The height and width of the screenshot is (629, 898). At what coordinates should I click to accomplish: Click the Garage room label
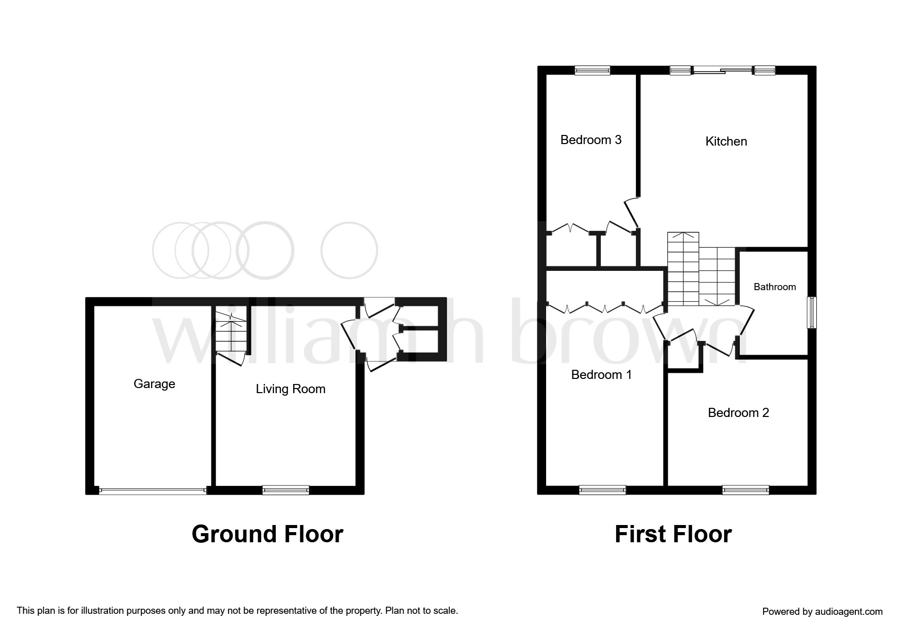point(154,384)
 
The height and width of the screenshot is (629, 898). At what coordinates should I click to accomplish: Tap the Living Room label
point(291,389)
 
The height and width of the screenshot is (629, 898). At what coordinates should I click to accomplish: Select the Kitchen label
point(726,141)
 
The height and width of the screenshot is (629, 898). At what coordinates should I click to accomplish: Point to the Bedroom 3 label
point(591,139)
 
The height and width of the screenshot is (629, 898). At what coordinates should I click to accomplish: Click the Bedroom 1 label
point(601,374)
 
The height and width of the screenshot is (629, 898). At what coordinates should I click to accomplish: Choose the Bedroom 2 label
point(738,412)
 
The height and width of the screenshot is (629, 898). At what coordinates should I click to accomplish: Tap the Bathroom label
point(775,287)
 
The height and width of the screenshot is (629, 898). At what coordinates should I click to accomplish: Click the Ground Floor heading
point(267,534)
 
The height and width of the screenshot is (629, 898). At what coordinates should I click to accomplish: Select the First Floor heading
point(673,534)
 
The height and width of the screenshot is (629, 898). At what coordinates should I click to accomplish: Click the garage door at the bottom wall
point(153,491)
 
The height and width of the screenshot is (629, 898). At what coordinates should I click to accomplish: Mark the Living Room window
point(285,490)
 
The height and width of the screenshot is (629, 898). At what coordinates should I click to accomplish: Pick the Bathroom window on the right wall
point(812,312)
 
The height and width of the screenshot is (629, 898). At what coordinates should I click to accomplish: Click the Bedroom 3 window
point(592,71)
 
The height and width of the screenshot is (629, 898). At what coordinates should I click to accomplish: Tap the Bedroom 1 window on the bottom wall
point(602,490)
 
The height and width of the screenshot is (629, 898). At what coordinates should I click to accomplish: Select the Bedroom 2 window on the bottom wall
point(745,490)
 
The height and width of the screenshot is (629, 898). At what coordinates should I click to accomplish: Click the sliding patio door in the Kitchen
point(723,71)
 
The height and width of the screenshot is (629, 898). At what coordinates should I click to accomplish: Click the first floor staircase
point(701,269)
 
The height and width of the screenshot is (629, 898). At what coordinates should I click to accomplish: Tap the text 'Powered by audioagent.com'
point(822,612)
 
